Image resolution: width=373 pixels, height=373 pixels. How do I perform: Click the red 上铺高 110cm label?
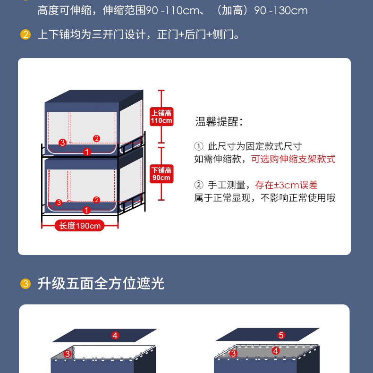pos(161,117)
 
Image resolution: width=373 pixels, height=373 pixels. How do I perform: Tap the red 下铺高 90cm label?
pos(161,174)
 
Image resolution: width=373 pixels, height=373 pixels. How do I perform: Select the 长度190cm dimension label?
pos(80,226)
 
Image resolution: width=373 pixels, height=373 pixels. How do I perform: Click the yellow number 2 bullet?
pos(25,34)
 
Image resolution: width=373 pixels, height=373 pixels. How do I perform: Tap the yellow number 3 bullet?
pos(25,284)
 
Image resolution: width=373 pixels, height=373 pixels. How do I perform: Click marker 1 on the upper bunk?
pos(87,152)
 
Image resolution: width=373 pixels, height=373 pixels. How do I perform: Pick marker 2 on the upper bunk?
pos(96,138)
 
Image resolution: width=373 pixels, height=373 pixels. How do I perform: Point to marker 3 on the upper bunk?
pos(62,143)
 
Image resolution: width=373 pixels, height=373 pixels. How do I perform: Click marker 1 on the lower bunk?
pos(86,210)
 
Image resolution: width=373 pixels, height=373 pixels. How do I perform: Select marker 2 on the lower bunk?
pos(96,200)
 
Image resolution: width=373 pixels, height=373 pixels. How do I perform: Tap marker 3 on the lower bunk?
pos(59,203)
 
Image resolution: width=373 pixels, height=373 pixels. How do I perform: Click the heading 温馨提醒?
pos(219,121)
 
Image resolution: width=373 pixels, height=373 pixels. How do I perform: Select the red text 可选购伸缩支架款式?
pos(293,159)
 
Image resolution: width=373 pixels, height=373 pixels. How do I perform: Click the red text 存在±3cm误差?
pos(287,185)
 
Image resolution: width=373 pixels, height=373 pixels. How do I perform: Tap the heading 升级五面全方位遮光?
pos(101,283)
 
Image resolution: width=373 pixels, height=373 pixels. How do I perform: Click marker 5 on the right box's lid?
pos(281,335)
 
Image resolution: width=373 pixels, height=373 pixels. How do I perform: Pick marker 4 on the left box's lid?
pos(115,336)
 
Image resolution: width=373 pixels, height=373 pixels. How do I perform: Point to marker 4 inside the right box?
pos(276,351)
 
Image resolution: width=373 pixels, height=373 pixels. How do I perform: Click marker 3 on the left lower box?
pos(68,354)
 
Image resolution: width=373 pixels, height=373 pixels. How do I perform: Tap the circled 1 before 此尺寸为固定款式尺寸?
pos(199,146)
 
